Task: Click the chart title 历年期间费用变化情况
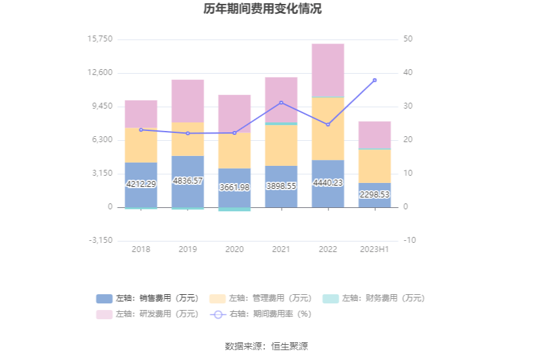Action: [266, 9]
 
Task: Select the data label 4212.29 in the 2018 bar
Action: [141, 184]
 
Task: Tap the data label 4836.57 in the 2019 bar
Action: [188, 180]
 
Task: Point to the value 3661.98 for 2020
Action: [234, 188]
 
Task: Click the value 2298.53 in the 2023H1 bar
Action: [374, 195]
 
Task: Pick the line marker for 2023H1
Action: [374, 80]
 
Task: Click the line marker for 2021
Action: [281, 103]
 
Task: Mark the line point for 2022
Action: [328, 124]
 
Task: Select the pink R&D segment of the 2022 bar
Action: [328, 70]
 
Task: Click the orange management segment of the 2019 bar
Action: [188, 139]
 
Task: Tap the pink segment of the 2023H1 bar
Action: [374, 135]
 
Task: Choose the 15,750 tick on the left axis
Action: [100, 39]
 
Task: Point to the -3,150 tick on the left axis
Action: [100, 241]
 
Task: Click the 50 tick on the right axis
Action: [408, 39]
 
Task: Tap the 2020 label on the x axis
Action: [234, 249]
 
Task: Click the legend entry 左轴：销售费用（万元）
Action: [148, 298]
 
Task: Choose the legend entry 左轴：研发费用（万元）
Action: [148, 314]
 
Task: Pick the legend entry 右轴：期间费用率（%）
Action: [261, 314]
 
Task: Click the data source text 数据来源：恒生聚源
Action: [266, 346]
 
